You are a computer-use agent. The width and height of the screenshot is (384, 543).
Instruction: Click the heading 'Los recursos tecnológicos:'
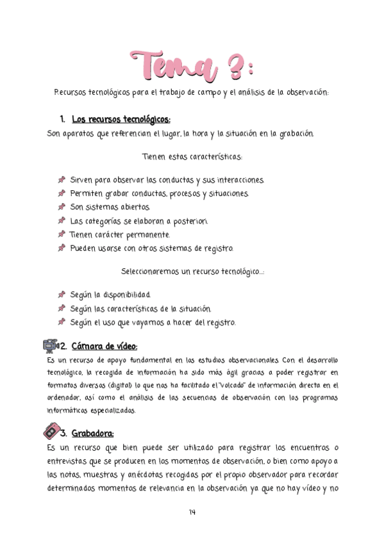tap(121, 119)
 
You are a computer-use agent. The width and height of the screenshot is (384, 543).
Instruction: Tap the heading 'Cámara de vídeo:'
tap(104, 346)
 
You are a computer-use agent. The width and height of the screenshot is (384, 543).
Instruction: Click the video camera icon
tap(50, 346)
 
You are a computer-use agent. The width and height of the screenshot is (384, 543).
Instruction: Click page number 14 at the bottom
tap(192, 512)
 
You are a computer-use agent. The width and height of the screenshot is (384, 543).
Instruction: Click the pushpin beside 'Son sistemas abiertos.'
tap(62, 207)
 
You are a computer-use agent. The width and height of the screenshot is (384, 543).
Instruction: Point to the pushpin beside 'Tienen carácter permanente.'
tap(62, 234)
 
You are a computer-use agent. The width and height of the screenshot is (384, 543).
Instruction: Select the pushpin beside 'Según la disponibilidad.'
tap(62, 295)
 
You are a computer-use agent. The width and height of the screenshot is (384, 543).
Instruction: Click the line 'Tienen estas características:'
tap(192, 156)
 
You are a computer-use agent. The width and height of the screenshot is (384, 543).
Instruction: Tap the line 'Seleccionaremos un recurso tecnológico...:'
tap(193, 271)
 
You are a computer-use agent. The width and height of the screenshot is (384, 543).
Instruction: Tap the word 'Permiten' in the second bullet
tap(86, 193)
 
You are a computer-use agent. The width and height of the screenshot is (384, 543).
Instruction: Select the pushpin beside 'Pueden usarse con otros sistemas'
tap(62, 248)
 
